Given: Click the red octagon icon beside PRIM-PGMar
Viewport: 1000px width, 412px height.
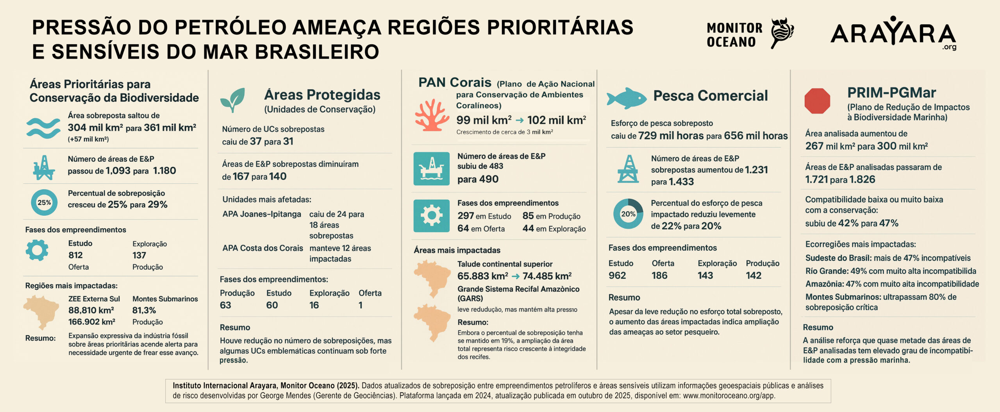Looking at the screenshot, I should (x=817, y=101).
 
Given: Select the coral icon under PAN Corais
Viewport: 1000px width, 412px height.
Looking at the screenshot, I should (x=432, y=115).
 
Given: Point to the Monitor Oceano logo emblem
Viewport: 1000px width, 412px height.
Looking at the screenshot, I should (x=782, y=33).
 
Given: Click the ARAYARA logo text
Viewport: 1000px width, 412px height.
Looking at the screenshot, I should (x=893, y=34).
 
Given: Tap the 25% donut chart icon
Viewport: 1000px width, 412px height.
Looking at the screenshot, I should (x=44, y=202).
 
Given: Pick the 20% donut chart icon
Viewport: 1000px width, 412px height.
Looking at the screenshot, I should (x=628, y=214).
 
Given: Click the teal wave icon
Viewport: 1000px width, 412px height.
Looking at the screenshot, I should (x=43, y=128).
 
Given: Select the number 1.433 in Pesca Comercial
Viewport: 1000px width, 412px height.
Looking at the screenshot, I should (x=681, y=182).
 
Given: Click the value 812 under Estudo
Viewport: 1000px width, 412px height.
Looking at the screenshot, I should (x=75, y=255).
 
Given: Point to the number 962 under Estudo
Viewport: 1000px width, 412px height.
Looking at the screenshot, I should (x=617, y=276).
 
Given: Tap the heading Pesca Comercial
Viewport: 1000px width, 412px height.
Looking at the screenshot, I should (x=710, y=96).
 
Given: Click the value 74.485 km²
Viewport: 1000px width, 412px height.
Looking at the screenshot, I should (x=547, y=276).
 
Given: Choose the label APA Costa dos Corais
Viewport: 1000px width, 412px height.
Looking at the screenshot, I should (x=262, y=248).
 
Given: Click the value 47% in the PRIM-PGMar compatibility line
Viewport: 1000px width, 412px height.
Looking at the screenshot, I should (x=889, y=224).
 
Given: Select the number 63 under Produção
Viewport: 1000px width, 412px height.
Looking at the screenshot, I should (x=225, y=305).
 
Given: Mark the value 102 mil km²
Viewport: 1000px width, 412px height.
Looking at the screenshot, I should (x=556, y=120).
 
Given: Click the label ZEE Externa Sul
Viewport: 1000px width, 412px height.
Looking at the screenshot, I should (x=94, y=299).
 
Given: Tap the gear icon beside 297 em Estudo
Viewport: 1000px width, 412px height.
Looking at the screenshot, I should (x=431, y=215).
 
